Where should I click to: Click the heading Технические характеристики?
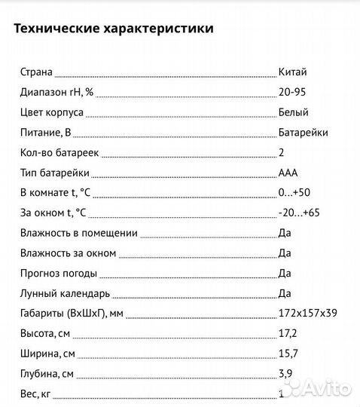pos(113,29)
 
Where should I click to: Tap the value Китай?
pos(292,72)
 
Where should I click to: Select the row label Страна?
pos(36,72)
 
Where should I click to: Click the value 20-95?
pos(292,92)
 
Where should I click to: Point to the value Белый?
pos(293,112)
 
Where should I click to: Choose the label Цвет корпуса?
pos(51,112)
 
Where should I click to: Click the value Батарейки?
pos(303,132)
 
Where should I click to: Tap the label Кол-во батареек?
pos(59,152)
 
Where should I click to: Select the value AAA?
pos(288,173)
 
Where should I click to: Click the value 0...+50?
pos(294,192)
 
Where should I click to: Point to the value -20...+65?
pos(299,213)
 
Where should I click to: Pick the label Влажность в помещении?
pos(78,233)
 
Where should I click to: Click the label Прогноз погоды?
pos(57,273)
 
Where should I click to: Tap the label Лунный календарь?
pos(65,293)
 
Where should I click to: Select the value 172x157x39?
pos(306,313)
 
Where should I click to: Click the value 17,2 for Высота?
pos(288,333)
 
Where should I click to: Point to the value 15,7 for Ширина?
pos(288,353)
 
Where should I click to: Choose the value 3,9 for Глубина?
pos(285,373)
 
